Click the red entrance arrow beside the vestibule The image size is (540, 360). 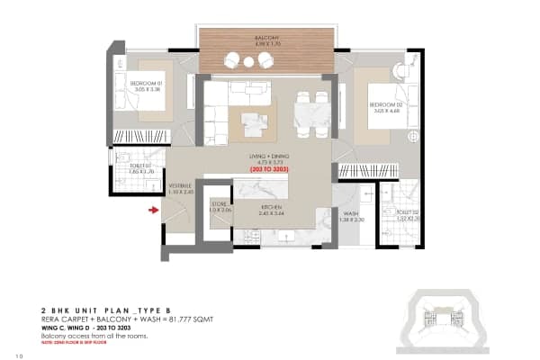pyautogui.click(x=154, y=211)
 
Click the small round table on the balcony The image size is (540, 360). pyautogui.click(x=247, y=60)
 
